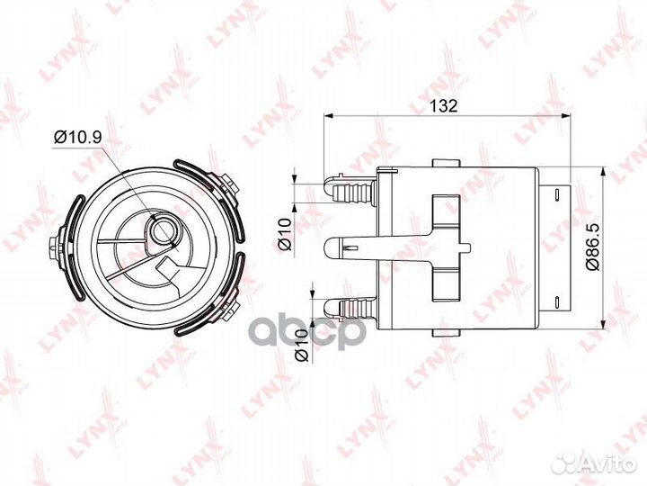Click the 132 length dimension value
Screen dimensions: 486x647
[443, 105]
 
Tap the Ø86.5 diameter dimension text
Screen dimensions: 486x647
[617, 244]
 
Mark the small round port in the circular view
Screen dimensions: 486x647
[164, 231]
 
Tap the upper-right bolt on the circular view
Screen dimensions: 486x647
[232, 184]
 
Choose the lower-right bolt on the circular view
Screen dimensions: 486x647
[231, 298]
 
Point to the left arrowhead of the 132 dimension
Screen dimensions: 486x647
[329, 116]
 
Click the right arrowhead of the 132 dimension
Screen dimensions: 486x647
[568, 116]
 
